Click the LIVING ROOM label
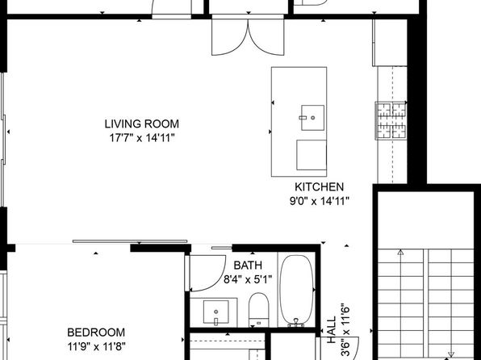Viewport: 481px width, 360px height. point(142,124)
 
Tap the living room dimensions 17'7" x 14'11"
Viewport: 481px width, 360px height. point(142,138)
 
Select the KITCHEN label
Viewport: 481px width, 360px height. point(319,187)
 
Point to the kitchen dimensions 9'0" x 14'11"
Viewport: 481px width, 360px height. point(320,201)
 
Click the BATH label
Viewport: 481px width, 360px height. point(248,266)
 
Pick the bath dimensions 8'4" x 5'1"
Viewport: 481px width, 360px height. point(248,279)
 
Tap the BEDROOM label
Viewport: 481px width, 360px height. point(96,333)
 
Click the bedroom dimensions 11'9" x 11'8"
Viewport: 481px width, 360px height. point(96,347)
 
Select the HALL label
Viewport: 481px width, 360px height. point(332,330)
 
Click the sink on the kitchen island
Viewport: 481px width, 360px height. point(312,118)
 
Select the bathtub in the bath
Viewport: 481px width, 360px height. point(297,290)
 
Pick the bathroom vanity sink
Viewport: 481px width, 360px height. point(216,312)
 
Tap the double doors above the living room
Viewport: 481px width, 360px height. point(248,36)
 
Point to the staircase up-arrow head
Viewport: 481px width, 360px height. point(400,253)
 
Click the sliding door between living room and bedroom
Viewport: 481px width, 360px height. point(130,241)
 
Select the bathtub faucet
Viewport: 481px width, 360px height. point(296,322)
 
